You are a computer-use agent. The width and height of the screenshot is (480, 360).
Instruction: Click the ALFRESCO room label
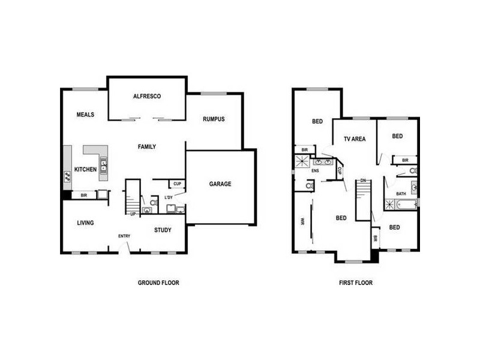(x=146, y=97)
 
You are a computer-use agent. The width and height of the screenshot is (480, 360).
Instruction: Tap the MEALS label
(x=85, y=115)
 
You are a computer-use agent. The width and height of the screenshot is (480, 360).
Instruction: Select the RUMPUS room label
(x=214, y=119)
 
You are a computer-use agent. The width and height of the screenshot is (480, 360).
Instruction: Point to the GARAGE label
(x=220, y=184)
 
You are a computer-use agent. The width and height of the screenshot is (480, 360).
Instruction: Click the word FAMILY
(x=147, y=146)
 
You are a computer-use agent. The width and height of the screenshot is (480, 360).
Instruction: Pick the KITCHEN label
(x=85, y=170)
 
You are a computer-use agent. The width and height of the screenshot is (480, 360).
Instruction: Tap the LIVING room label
(x=85, y=223)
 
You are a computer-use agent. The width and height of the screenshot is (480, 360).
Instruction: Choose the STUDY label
(x=163, y=230)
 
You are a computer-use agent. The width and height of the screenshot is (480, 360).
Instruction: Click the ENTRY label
(x=124, y=236)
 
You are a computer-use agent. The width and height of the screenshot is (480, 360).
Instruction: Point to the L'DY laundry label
(x=169, y=197)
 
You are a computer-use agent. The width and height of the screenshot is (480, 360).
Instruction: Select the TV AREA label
(x=355, y=139)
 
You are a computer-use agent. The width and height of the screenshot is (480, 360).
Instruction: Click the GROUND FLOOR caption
(x=158, y=283)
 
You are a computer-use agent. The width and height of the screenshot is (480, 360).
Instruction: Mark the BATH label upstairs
(x=401, y=194)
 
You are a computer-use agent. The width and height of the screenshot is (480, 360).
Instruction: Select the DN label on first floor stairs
(x=363, y=181)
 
